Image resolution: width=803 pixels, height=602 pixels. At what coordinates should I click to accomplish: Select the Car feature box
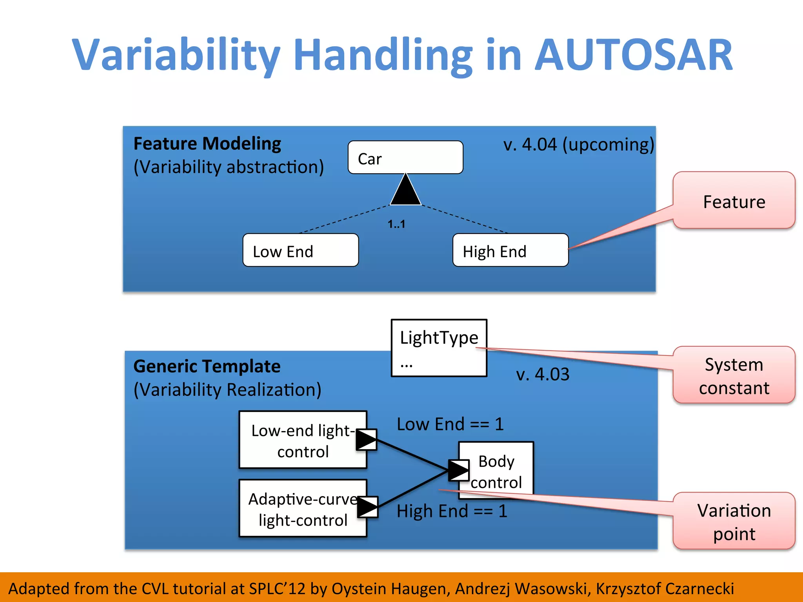coord(405,158)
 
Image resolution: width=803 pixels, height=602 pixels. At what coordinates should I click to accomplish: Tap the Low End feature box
coord(300,250)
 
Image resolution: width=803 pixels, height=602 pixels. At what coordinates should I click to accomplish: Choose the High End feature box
coord(510,250)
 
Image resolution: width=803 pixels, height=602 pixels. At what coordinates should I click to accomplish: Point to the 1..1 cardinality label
coord(396,224)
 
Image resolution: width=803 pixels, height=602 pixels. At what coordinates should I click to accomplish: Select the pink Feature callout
coord(734,201)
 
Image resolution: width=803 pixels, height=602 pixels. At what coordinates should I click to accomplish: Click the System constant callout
coord(734,375)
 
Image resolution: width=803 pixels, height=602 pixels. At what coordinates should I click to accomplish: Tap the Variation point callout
coord(734,521)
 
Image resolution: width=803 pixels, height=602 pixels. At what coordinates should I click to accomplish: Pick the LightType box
coord(439,348)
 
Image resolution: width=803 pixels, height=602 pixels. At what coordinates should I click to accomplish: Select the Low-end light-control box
coord(302,440)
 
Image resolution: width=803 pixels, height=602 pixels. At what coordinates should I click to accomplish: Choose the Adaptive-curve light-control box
coord(302,509)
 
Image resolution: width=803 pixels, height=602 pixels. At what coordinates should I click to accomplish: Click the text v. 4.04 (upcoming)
coord(578,145)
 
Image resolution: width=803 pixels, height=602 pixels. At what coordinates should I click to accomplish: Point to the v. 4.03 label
coord(543,374)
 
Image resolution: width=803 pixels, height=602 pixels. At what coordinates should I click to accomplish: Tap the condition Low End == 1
coord(450,424)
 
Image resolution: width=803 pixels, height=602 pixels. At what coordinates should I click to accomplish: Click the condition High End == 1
coord(452,511)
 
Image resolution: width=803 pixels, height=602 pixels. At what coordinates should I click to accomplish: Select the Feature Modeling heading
coord(207,143)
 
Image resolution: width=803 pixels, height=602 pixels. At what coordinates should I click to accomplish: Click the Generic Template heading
coord(207,366)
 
